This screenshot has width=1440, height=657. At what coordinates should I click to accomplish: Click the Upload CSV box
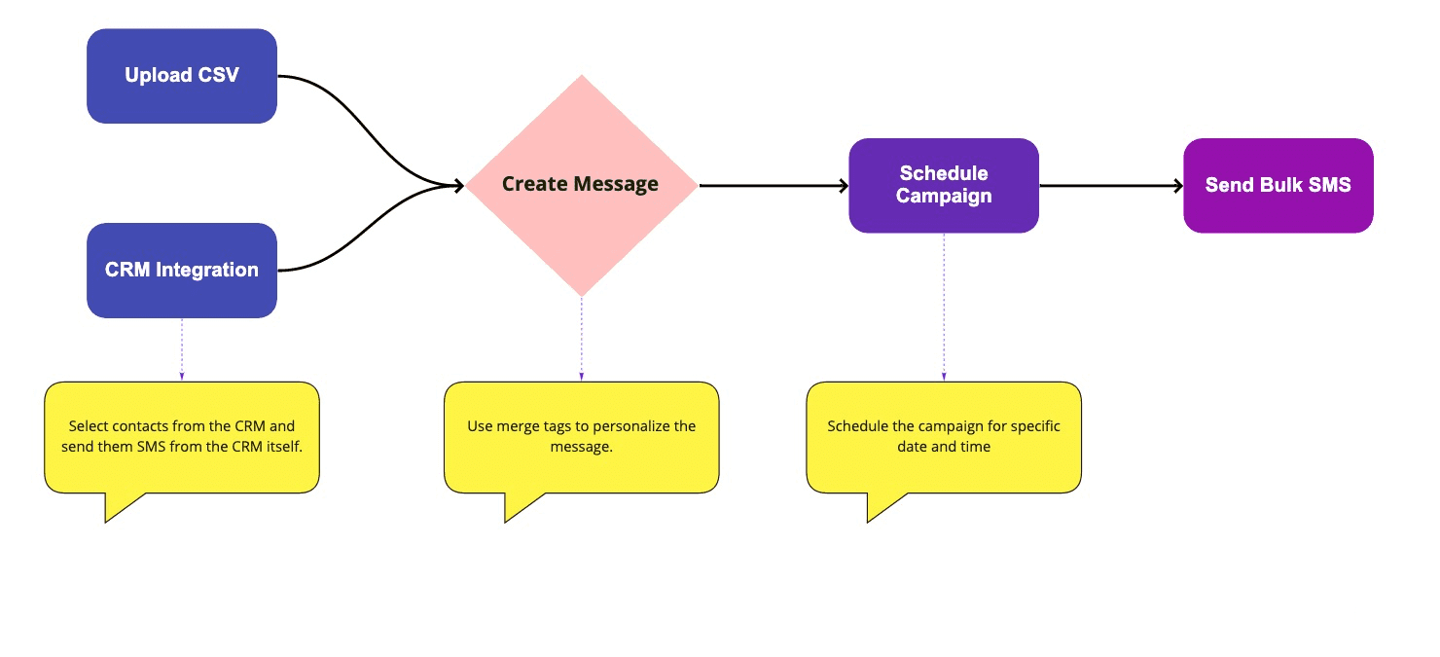tap(182, 76)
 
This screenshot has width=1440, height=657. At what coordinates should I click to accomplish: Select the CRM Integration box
tap(182, 270)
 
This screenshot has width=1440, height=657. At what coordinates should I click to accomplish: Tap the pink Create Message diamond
tap(582, 185)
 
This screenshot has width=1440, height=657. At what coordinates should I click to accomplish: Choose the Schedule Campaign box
tap(944, 185)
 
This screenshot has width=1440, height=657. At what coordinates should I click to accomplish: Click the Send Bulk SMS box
tap(1278, 185)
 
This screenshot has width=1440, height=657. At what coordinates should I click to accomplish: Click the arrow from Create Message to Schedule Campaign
tap(774, 186)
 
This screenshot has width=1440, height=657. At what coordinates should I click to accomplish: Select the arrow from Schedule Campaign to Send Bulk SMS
tap(1111, 186)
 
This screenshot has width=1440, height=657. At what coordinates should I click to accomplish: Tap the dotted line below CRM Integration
tap(182, 349)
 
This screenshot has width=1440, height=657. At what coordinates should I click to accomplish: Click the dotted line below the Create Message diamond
tap(582, 339)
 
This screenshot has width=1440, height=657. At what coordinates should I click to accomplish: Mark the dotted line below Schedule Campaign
tap(944, 307)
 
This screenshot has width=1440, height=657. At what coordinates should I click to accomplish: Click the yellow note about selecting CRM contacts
tap(182, 438)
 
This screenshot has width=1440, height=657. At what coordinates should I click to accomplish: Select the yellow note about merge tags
tap(582, 438)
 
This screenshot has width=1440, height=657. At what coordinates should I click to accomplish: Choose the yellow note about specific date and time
tap(944, 438)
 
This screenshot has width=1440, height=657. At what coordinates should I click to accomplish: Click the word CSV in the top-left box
tap(219, 75)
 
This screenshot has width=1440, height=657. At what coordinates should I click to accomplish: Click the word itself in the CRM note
tap(284, 446)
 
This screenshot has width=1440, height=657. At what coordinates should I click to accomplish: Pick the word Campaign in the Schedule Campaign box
tap(944, 196)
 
